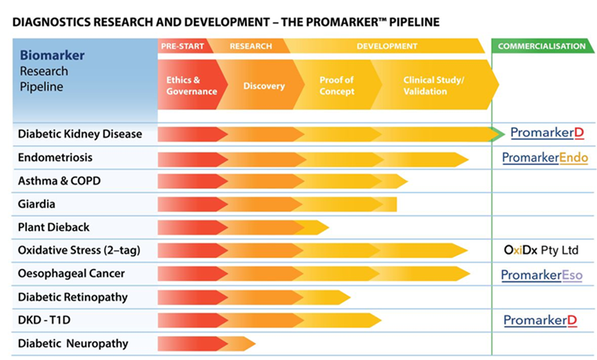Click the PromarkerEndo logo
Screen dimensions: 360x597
click(x=544, y=158)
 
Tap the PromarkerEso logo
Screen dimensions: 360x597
click(x=542, y=275)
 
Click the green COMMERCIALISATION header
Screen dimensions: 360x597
click(x=541, y=46)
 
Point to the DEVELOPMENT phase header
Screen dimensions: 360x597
click(x=386, y=46)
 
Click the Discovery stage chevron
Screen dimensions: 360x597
click(x=263, y=86)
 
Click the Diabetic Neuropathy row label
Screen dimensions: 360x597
click(x=72, y=343)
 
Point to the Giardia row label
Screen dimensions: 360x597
click(x=38, y=204)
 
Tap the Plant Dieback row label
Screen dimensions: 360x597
click(x=53, y=227)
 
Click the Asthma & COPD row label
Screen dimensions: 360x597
click(x=59, y=181)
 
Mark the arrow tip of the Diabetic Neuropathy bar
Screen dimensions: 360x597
click(x=251, y=343)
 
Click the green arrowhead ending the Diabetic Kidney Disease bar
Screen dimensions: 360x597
click(x=497, y=134)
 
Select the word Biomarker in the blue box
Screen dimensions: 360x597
click(x=52, y=56)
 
